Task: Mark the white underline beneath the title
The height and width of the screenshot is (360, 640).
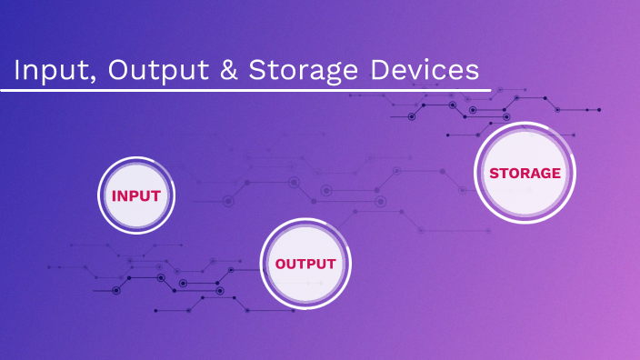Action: (245, 90)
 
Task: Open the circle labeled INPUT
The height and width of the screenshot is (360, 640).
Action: (135, 195)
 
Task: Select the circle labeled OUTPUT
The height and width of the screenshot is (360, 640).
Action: (305, 264)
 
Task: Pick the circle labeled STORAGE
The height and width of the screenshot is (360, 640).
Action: (525, 173)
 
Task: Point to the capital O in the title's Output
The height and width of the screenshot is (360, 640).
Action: (118, 71)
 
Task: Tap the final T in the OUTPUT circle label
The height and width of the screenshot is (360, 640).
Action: (331, 264)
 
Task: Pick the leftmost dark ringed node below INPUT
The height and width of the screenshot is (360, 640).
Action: (115, 290)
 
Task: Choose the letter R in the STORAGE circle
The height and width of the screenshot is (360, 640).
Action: (519, 173)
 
